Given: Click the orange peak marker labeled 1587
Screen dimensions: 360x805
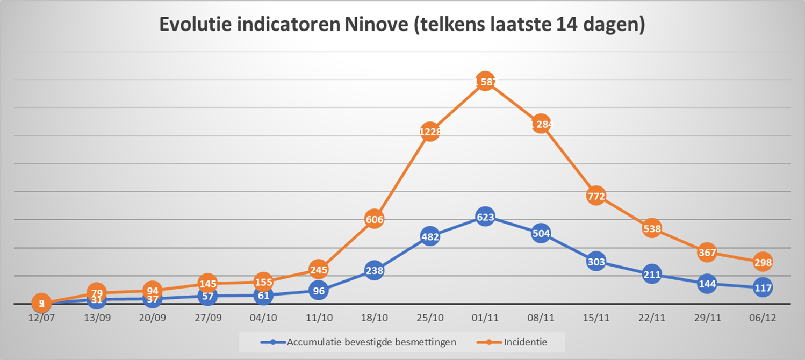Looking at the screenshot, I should click(485, 82).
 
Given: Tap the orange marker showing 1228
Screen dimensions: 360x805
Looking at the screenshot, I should click(429, 132).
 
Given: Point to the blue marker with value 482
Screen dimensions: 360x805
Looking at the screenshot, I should click(429, 236).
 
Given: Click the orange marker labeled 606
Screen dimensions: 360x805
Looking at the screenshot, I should click(374, 219).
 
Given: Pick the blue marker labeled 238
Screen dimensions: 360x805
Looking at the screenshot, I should click(374, 271).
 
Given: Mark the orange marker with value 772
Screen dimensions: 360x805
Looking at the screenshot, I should click(596, 196).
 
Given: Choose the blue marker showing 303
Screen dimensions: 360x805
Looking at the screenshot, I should click(596, 262).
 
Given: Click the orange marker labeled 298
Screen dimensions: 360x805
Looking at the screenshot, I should click(763, 262).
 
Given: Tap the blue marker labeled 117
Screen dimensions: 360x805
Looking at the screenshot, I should click(763, 287).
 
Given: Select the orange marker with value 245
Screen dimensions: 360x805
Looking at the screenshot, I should click(319, 269).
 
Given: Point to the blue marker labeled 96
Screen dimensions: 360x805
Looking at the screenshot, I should click(319, 291).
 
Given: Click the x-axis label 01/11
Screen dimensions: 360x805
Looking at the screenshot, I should click(485, 318).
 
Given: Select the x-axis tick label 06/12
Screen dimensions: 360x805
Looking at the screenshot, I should click(763, 318).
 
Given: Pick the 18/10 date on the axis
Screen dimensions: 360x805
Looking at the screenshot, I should click(374, 318).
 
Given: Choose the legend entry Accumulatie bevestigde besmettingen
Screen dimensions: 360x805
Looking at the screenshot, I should click(371, 341).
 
